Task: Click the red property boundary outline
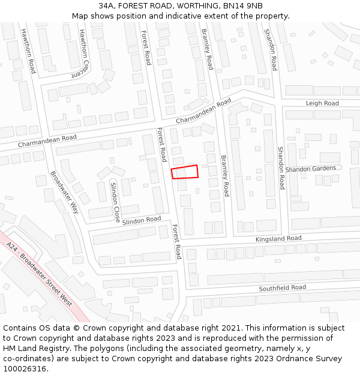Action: [x=185, y=172]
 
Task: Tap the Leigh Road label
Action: [x=322, y=103]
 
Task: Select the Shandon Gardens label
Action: [x=311, y=169]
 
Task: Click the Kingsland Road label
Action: [x=278, y=238]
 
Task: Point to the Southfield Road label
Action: [x=282, y=288]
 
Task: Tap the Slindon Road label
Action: [x=142, y=221]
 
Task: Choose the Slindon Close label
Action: [x=116, y=201]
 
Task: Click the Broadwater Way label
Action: [x=65, y=192]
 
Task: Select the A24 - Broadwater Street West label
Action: [x=40, y=274]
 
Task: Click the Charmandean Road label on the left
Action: [x=47, y=141]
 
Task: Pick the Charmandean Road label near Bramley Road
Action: [x=203, y=112]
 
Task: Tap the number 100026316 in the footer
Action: [x=26, y=368]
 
